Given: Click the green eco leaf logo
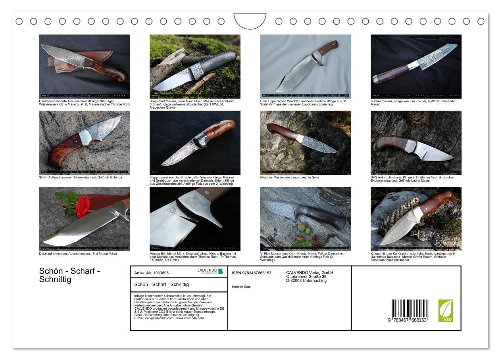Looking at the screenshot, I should click(x=445, y=310).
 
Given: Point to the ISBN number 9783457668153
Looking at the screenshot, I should click(x=252, y=273).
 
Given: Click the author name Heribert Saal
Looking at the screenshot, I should click(x=241, y=287).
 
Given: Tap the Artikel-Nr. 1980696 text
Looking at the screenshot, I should click(x=152, y=273).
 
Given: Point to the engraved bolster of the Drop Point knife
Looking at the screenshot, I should click(x=197, y=71).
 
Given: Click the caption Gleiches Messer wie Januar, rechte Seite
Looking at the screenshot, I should click(x=290, y=177).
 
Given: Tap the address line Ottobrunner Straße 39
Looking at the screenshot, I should click(x=306, y=277).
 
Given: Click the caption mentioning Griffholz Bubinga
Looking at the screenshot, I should click(x=81, y=177).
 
